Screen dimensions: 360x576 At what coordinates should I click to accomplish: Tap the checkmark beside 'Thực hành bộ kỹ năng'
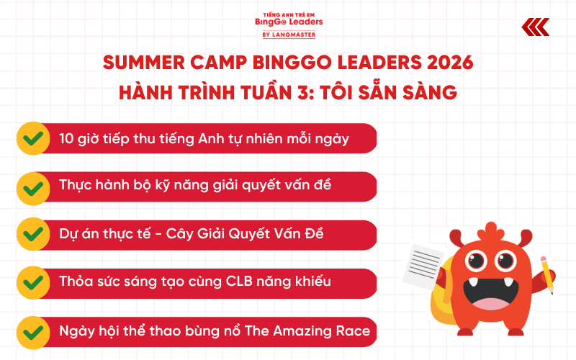point(32,187)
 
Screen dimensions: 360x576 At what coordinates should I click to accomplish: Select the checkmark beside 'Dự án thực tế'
point(32,235)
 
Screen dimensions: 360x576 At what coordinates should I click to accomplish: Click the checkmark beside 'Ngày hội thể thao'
point(32,332)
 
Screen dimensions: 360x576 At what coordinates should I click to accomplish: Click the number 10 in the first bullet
point(68,138)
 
